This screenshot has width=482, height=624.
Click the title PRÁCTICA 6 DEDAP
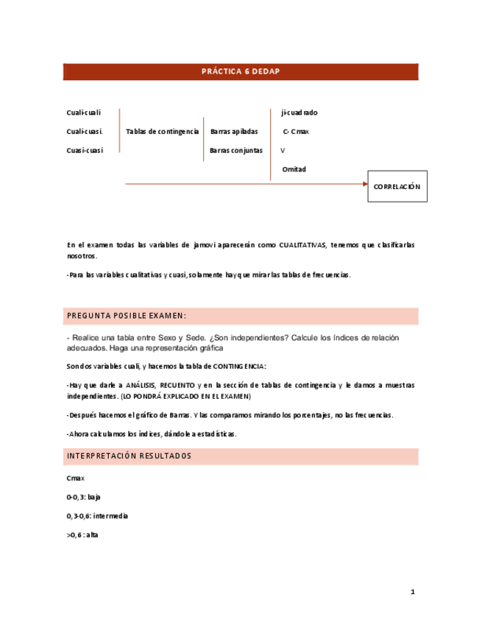click(241, 71)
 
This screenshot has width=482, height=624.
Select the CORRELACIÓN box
click(397, 187)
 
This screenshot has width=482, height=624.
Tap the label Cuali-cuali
click(83, 113)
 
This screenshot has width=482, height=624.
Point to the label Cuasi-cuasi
click(85, 150)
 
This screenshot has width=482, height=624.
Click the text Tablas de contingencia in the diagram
click(162, 131)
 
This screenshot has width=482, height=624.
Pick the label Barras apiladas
click(234, 131)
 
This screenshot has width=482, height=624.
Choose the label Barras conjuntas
click(235, 150)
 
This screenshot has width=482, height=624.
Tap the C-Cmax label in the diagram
click(295, 131)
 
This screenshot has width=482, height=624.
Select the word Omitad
click(294, 169)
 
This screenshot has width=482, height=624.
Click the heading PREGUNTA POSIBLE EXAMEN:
click(127, 316)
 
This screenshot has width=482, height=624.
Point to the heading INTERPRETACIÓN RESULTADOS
click(129, 456)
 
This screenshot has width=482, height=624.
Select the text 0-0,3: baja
click(83, 497)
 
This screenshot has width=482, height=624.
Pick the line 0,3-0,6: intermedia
click(97, 516)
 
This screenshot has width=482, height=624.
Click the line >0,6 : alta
click(82, 535)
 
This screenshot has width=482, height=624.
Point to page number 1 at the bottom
click(413, 592)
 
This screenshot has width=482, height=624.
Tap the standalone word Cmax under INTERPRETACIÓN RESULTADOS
click(75, 478)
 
